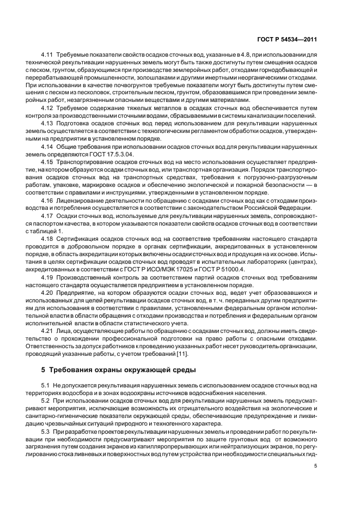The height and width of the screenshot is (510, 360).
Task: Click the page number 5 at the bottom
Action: pyautogui.click(x=316, y=466)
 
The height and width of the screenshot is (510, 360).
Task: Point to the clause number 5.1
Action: pyautogui.click(x=45, y=385)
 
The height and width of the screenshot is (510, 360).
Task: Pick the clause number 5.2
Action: pyautogui.click(x=45, y=400)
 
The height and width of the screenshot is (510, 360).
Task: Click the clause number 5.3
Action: pyautogui.click(x=45, y=431)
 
